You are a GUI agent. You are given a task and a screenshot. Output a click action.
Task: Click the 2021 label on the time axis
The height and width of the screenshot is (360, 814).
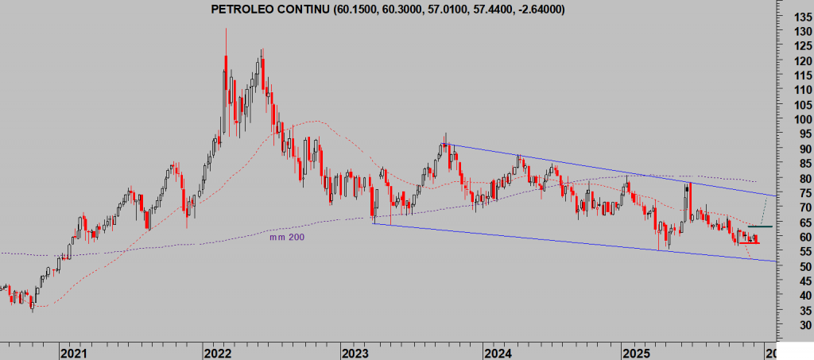click(73, 351)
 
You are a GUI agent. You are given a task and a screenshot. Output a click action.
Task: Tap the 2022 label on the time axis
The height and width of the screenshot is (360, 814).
click(217, 351)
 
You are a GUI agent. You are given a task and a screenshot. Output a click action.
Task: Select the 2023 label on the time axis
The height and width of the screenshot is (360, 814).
click(355, 351)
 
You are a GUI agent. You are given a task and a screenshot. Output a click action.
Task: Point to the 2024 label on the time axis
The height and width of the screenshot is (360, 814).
click(498, 351)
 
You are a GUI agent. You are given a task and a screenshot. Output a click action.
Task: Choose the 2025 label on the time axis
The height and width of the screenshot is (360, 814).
click(637, 351)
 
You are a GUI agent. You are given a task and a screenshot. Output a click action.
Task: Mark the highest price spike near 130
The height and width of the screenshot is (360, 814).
click(226, 29)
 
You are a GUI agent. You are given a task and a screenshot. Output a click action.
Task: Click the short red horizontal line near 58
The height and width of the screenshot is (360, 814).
click(748, 242)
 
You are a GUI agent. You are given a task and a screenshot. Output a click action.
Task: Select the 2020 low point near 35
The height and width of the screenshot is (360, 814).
click(32, 311)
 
